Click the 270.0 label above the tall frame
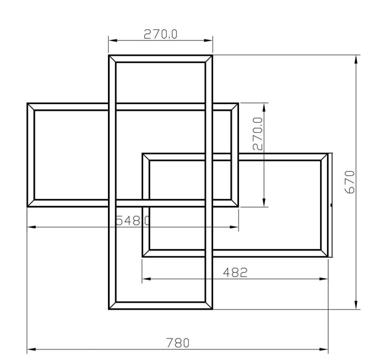tap(161, 34)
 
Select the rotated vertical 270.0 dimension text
tap(257, 134)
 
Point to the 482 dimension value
tap(235, 272)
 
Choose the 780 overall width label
tap(177, 343)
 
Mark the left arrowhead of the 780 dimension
tap(31, 349)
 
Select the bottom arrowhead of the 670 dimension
tap(356, 305)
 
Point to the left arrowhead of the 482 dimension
tap(146, 279)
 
